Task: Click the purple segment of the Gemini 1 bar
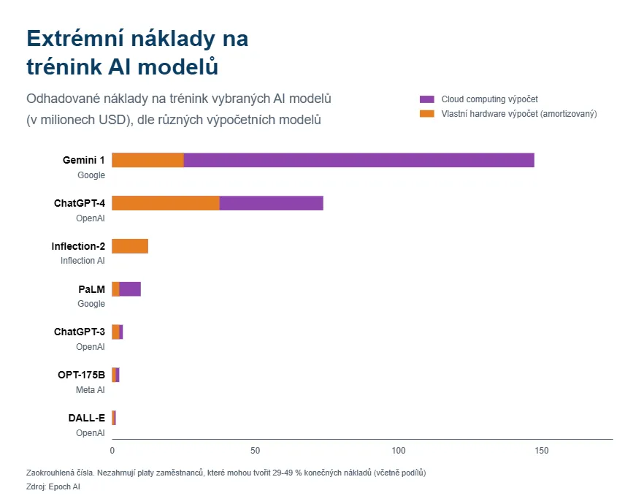point(359,160)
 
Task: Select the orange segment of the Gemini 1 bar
point(147,160)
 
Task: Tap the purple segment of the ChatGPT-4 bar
point(271,203)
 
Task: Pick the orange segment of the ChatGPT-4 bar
point(166,203)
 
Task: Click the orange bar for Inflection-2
point(130,246)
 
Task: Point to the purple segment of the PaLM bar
point(130,289)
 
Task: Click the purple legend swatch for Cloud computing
point(427,99)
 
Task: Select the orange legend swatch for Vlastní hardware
point(427,114)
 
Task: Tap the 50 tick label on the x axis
point(256,451)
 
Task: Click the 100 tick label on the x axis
point(399,451)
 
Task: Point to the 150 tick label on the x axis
point(542,451)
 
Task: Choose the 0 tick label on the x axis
point(112,451)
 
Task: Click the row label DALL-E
point(86,419)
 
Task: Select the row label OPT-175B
point(81,375)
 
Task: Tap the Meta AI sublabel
point(91,390)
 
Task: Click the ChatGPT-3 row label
point(79,332)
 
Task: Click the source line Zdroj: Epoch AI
point(53,486)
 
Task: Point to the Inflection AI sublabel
point(83,261)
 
